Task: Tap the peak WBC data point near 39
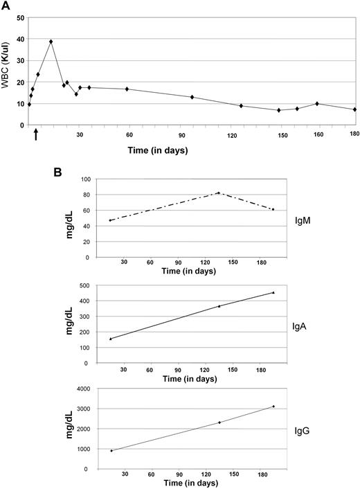coord(51,42)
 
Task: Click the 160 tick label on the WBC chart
coord(317,135)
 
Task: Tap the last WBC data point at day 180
coord(354,109)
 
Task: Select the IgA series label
coord(303,322)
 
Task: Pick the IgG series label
coord(303,429)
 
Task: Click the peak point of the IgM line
coord(219,193)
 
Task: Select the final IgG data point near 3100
coord(273,407)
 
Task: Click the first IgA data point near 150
coord(111,339)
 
